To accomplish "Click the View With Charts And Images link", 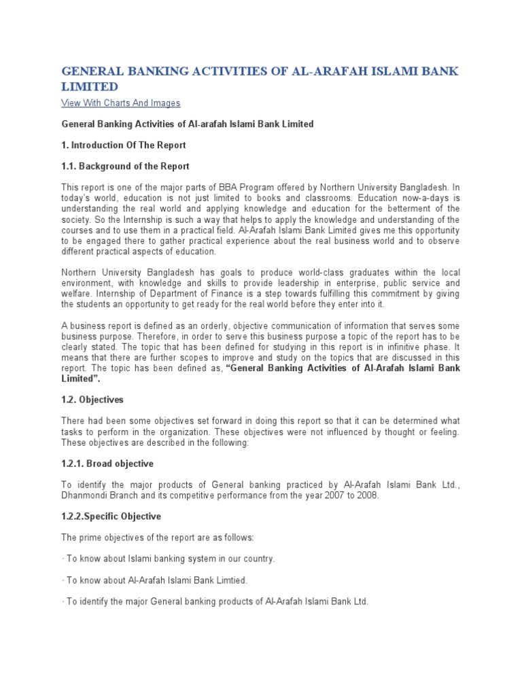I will click(120, 103).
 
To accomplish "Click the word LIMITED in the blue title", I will click(90, 86).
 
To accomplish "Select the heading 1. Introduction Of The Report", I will click(124, 145).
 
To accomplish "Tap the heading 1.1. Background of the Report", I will click(125, 167).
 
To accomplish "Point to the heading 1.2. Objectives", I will click(92, 400).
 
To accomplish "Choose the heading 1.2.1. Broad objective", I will click(107, 464).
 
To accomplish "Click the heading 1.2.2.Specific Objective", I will click(111, 517).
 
